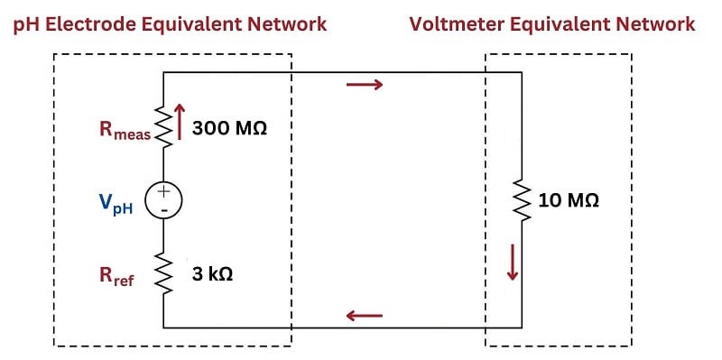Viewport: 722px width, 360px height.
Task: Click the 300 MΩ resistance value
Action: point(229,128)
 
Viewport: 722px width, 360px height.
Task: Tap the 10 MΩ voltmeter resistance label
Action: point(569,200)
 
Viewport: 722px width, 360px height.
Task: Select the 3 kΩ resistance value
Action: point(212,275)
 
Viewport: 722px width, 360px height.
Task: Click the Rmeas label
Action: point(125,130)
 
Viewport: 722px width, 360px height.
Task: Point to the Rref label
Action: point(117,276)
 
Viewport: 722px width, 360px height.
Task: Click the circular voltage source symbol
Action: point(164,200)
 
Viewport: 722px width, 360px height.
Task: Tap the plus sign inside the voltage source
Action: point(164,192)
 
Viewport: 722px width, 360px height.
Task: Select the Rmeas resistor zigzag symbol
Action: point(163,126)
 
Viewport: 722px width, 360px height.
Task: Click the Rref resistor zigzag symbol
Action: point(163,273)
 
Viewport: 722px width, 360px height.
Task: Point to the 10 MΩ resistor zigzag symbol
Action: point(522,200)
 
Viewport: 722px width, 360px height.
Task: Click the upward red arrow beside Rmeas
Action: point(180,122)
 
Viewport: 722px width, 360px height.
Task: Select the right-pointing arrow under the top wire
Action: point(365,84)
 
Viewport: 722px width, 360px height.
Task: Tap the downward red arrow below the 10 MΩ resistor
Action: point(513,262)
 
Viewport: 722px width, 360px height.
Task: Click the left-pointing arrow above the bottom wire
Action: point(365,316)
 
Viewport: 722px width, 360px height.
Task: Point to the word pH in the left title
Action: point(28,25)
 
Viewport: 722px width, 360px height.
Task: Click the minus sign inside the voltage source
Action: point(164,210)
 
